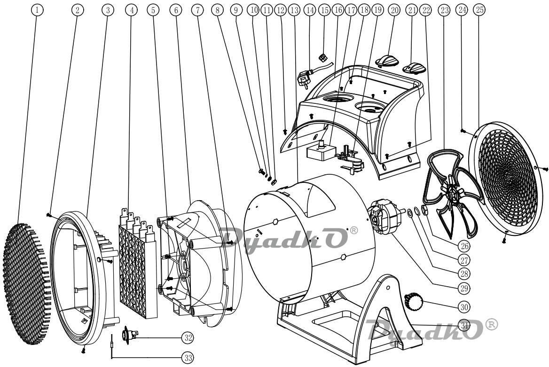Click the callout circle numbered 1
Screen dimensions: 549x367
[x=37, y=10]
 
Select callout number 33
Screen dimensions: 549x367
[x=188, y=358]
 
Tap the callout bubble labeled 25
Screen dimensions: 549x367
[x=480, y=10]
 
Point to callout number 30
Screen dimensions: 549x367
[x=464, y=307]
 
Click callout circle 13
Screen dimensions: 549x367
[x=294, y=10]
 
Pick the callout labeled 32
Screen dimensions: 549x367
[x=188, y=337]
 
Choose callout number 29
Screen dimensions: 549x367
[x=464, y=288]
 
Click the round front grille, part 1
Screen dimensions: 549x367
[x=27, y=284]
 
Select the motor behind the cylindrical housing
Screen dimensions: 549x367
[x=384, y=218]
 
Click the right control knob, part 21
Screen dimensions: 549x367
[x=415, y=68]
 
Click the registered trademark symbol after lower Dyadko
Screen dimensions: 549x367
[x=491, y=325]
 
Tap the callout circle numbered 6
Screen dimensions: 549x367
[x=176, y=10]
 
